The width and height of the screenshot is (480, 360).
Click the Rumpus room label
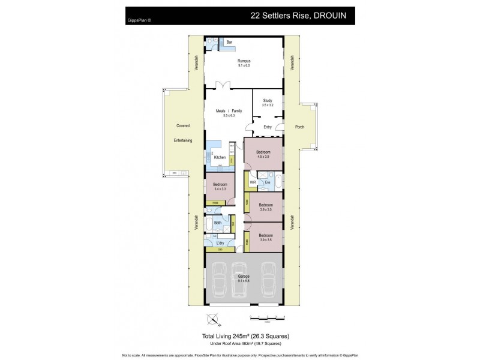coord(244,61)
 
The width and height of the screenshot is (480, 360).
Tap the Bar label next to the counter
coord(229,43)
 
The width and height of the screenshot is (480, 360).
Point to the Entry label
coord(268,127)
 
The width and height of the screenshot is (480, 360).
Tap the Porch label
coord(299,127)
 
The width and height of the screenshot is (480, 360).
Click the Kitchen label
coord(220,157)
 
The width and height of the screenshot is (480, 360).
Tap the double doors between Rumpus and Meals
coord(224,85)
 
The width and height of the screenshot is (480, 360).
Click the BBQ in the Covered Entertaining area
coord(175,173)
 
